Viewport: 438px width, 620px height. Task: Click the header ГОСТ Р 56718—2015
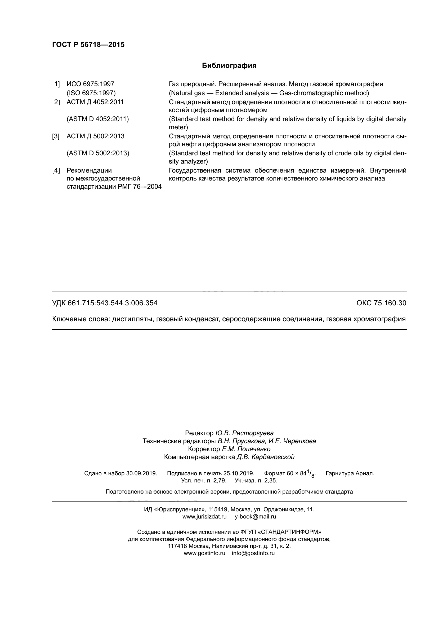tap(88, 45)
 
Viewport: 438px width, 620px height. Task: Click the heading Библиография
tap(229, 66)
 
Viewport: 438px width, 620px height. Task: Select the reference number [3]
tap(56, 136)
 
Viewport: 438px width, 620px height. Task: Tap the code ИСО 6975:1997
tap(90, 84)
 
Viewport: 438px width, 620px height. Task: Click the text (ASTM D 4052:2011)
tap(98, 119)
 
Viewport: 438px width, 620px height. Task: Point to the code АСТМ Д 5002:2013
tap(95, 136)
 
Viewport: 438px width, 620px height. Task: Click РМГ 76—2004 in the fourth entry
tap(140, 187)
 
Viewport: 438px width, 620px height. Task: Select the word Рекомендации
tap(89, 170)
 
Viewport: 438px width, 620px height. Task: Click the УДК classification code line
tap(105, 303)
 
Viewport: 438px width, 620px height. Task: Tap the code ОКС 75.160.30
tap(381, 303)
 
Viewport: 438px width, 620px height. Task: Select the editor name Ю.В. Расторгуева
tap(244, 433)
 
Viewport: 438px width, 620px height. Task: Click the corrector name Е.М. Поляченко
tap(246, 449)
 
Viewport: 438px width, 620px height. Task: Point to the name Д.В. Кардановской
tap(265, 457)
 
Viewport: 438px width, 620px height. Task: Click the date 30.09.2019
tap(141, 473)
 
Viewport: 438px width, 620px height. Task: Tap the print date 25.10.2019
tap(239, 473)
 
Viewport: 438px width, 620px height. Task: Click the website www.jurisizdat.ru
tap(204, 517)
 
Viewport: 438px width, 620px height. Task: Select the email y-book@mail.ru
tap(255, 517)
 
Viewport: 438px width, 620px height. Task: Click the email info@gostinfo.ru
tap(253, 553)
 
